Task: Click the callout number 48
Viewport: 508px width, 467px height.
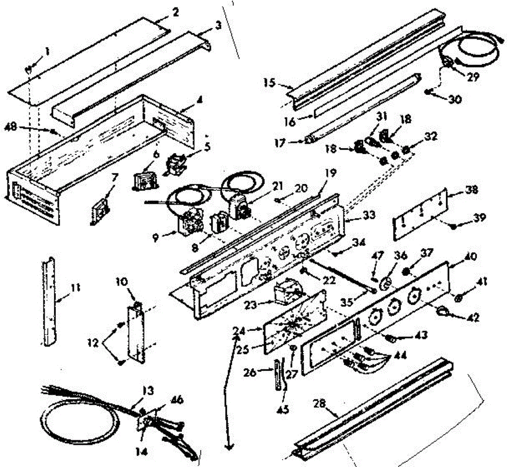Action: pos(12,126)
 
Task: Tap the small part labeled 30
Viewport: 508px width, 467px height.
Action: pos(429,92)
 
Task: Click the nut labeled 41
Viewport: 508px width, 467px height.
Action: pos(458,298)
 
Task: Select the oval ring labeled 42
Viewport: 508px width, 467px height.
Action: pos(442,311)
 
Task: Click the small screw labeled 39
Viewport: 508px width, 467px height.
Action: pos(453,227)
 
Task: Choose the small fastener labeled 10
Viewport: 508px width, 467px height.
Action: pos(137,303)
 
